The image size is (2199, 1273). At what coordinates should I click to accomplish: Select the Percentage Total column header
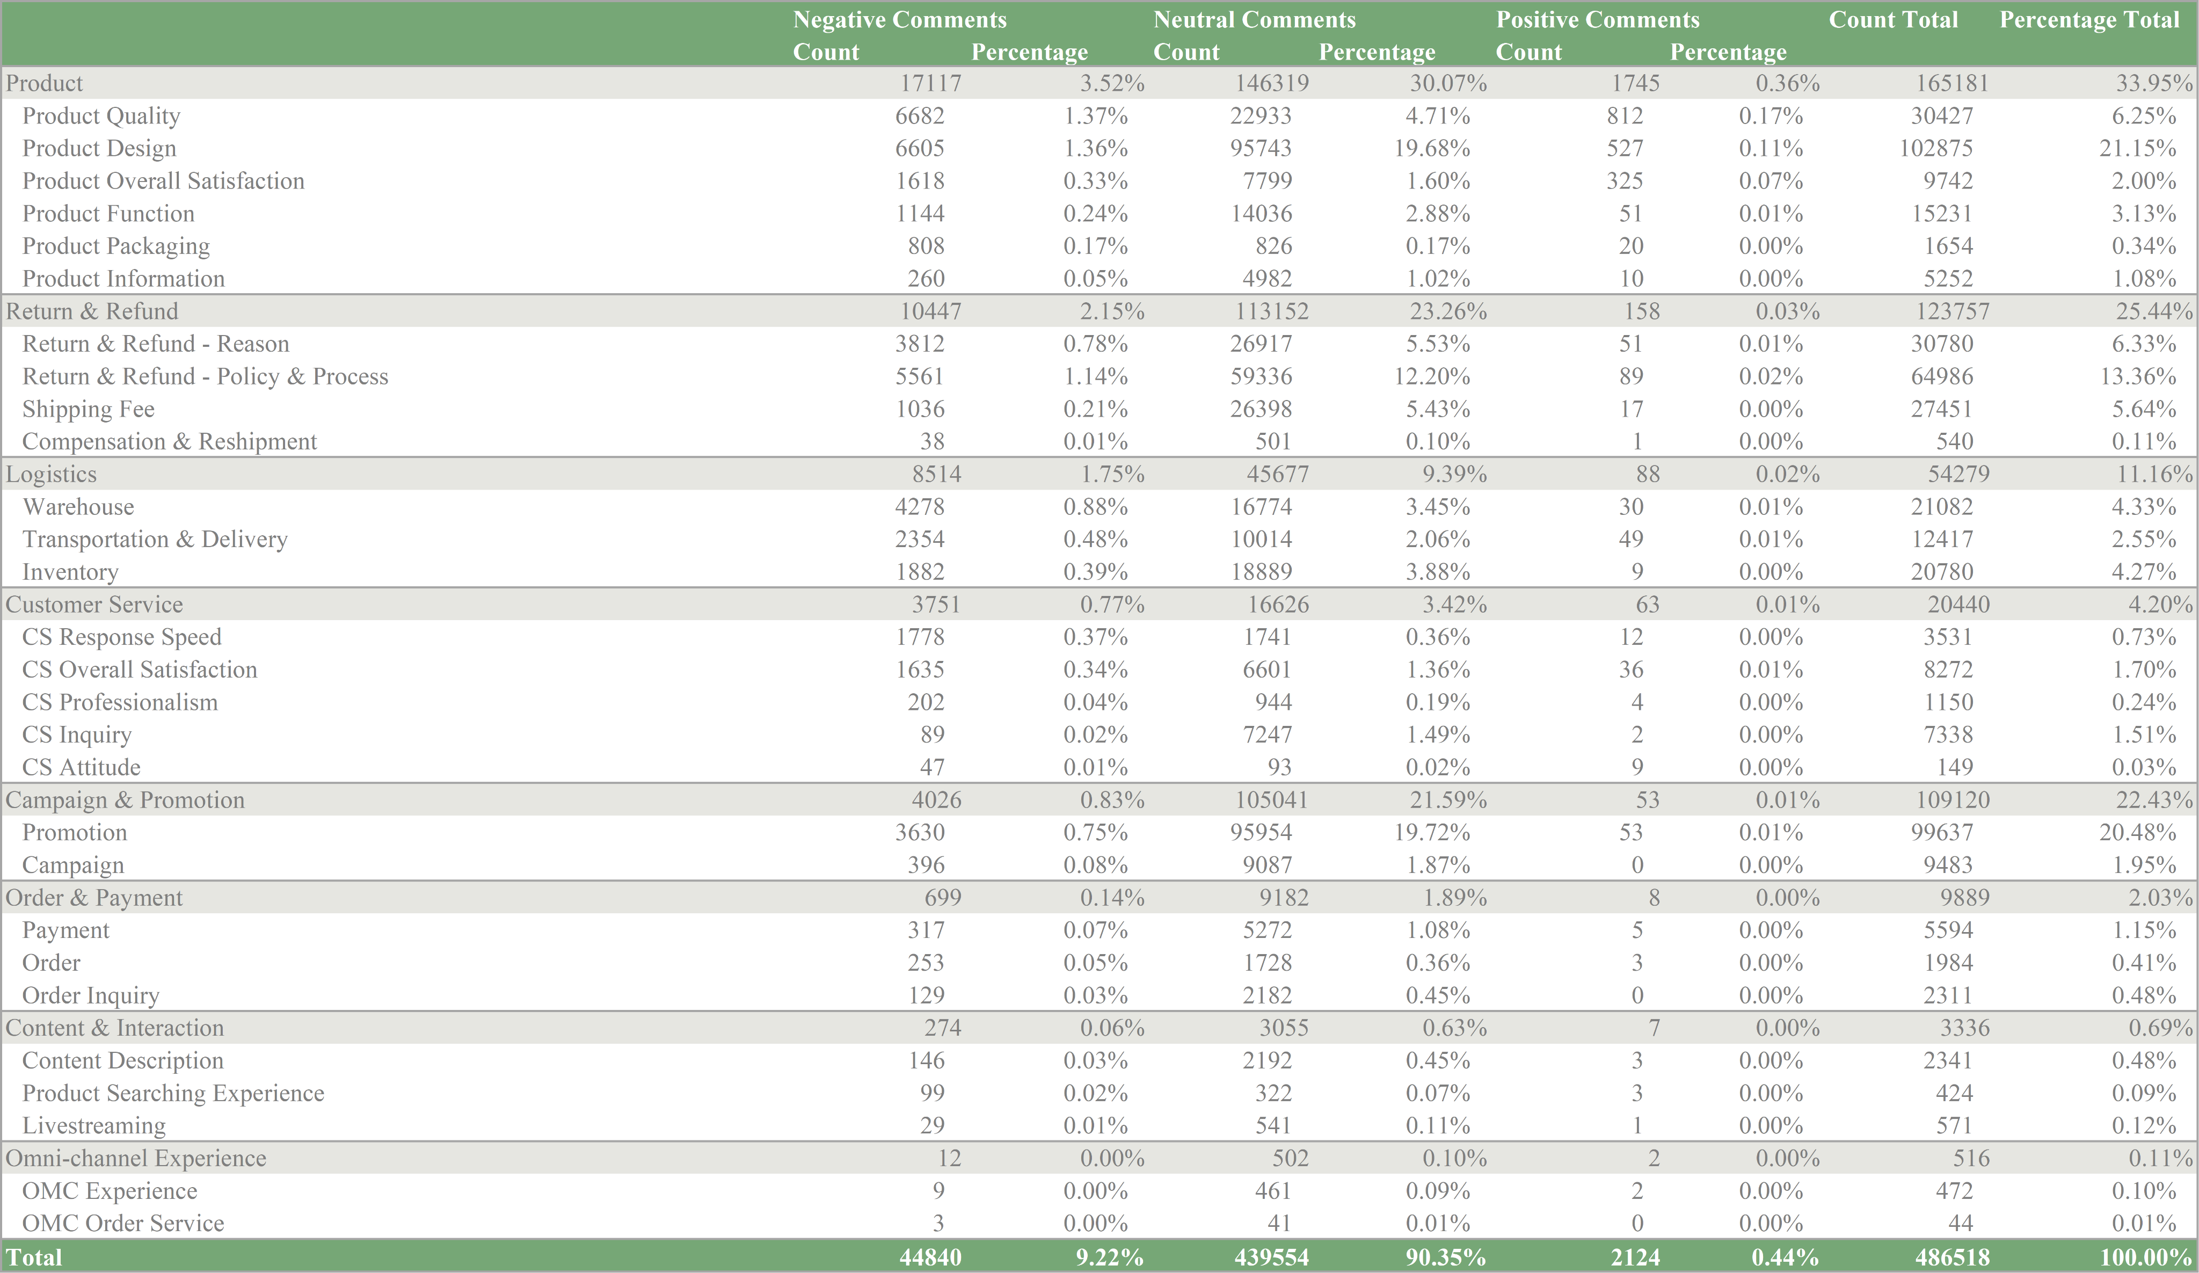point(2088,19)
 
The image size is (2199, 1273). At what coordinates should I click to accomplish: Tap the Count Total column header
point(1892,19)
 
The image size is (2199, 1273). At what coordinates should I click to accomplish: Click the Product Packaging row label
point(116,246)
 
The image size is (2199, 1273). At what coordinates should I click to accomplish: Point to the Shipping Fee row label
point(88,409)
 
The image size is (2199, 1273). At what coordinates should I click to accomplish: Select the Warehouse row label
point(78,507)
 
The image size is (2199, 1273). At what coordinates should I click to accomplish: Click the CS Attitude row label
point(81,767)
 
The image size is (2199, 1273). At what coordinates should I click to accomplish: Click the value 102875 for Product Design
point(1935,148)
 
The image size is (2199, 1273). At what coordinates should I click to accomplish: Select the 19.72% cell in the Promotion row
point(1431,832)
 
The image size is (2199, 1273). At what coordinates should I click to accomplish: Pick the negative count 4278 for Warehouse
point(920,507)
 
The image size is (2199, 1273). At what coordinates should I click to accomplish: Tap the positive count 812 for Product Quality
point(1624,116)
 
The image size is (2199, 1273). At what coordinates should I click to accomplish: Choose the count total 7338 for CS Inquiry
point(1948,734)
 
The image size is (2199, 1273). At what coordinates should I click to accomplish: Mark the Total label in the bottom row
point(34,1257)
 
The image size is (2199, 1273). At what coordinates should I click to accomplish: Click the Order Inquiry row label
point(91,995)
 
